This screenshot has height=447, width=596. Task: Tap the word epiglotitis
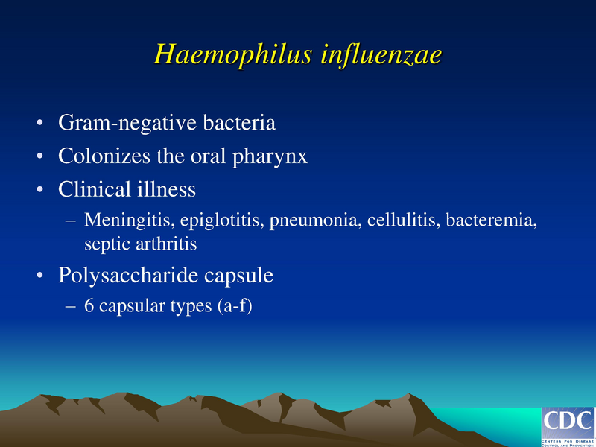[212, 221]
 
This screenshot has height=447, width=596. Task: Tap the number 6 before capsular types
[89, 305]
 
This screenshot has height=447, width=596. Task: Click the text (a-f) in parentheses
[236, 305]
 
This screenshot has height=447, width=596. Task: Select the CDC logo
[568, 425]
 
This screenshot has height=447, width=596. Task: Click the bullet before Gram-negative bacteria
[39, 124]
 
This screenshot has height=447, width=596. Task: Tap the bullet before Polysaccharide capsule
[39, 276]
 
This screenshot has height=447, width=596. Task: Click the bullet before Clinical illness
[39, 190]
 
